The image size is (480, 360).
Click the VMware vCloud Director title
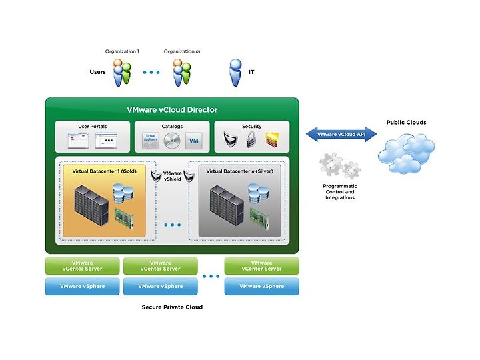[x=172, y=109]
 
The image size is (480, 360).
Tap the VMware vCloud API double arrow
[x=341, y=135]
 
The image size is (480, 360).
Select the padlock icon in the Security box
[x=251, y=140]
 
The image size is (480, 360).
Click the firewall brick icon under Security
[x=272, y=141]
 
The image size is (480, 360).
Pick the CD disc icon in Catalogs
[x=172, y=141]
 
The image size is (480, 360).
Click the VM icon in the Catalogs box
[x=194, y=141]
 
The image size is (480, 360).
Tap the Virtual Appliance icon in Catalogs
[x=151, y=141]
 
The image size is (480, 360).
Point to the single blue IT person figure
[x=235, y=73]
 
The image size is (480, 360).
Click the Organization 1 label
[x=122, y=51]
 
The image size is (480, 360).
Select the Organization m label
[x=182, y=51]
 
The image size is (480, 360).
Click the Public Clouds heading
[x=406, y=123]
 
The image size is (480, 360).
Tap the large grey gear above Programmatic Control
[x=331, y=164]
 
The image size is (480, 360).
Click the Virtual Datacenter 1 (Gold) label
[x=105, y=171]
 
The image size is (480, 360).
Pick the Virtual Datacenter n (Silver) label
[x=240, y=171]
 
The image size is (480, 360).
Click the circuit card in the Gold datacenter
[x=124, y=218]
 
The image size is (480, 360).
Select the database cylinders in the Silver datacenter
[x=259, y=193]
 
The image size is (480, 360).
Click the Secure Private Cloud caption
[x=172, y=307]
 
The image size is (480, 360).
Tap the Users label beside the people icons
[x=97, y=72]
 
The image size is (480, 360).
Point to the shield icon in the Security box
[x=231, y=139]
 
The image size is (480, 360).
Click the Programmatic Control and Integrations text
[x=340, y=192]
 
